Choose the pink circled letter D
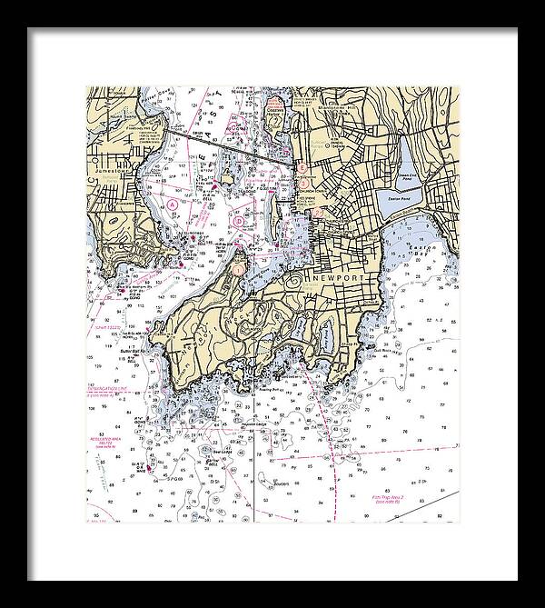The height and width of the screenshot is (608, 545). click(x=238, y=219)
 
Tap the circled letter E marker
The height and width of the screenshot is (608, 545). click(x=300, y=167)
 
